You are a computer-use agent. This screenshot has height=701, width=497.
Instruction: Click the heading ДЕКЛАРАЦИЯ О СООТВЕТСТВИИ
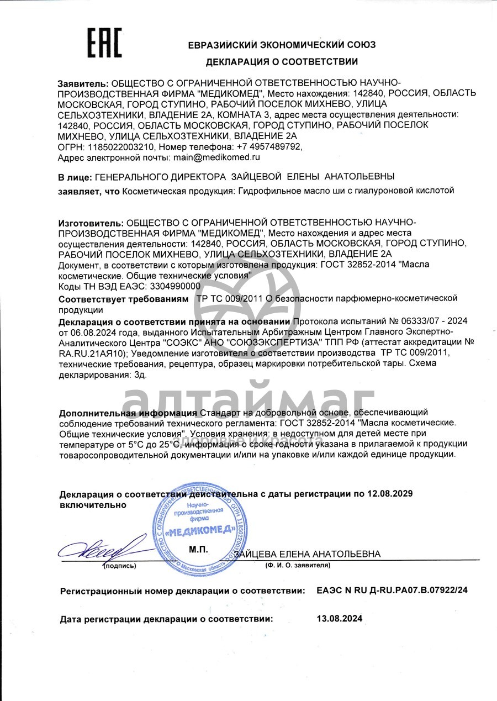tap(282, 62)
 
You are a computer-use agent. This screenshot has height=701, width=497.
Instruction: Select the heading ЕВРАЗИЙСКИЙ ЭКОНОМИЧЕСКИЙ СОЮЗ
tap(282, 44)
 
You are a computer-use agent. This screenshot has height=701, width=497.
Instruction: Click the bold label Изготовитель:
tap(91, 223)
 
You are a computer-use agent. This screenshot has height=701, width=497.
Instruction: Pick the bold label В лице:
tap(75, 177)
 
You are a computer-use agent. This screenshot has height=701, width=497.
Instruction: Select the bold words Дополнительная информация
tap(127, 413)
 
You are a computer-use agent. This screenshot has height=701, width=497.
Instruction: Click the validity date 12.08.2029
tap(390, 493)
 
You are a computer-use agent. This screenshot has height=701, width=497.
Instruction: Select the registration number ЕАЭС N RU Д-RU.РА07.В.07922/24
tap(392, 591)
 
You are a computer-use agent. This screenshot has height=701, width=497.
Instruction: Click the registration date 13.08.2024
tap(340, 619)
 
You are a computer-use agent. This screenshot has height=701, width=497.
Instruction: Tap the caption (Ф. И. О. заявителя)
tap(298, 566)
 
